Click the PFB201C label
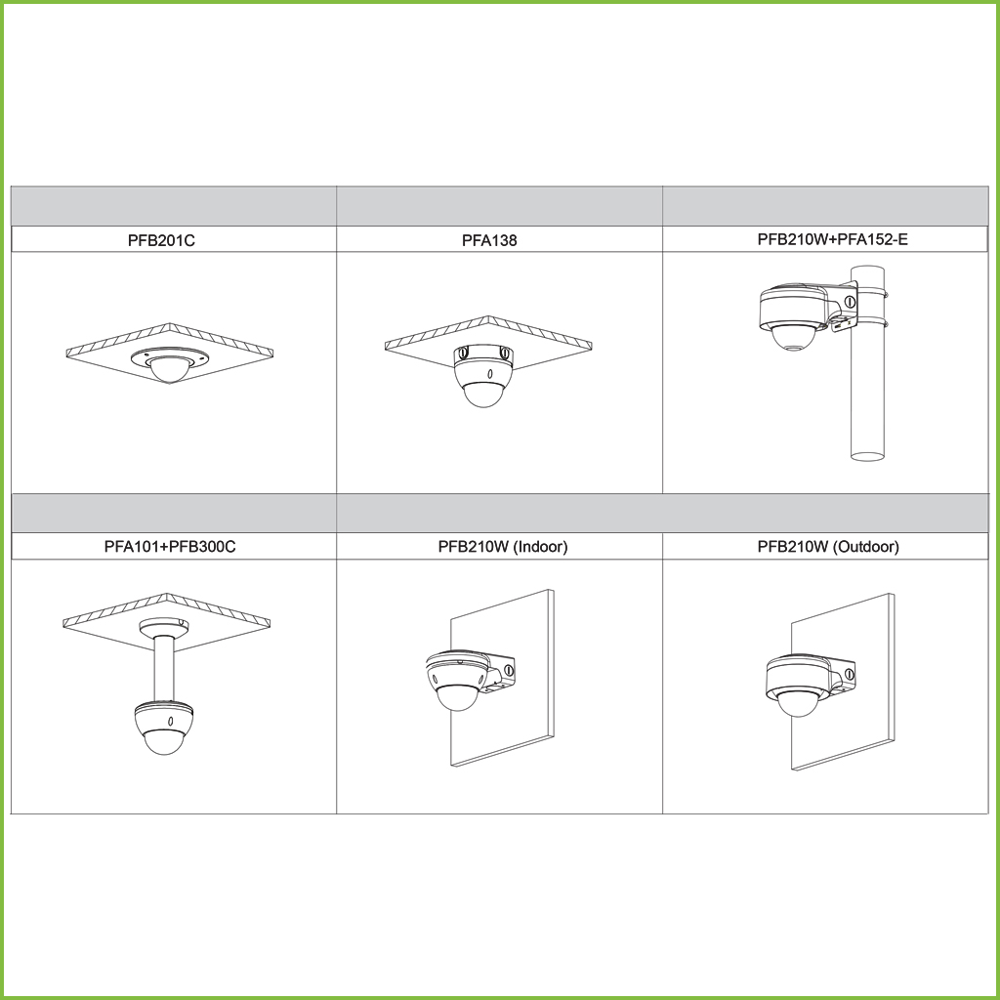161,240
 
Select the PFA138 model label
489,240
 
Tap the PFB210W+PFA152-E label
832,239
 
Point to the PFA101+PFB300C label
170,547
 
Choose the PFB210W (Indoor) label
503,547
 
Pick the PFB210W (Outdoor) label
828,547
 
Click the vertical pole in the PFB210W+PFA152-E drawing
868,362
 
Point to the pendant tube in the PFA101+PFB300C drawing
164,670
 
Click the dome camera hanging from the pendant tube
164,727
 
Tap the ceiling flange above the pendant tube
164,627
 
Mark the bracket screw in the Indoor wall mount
508,670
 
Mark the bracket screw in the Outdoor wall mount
850,674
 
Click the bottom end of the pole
868,457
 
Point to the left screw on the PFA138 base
464,351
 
